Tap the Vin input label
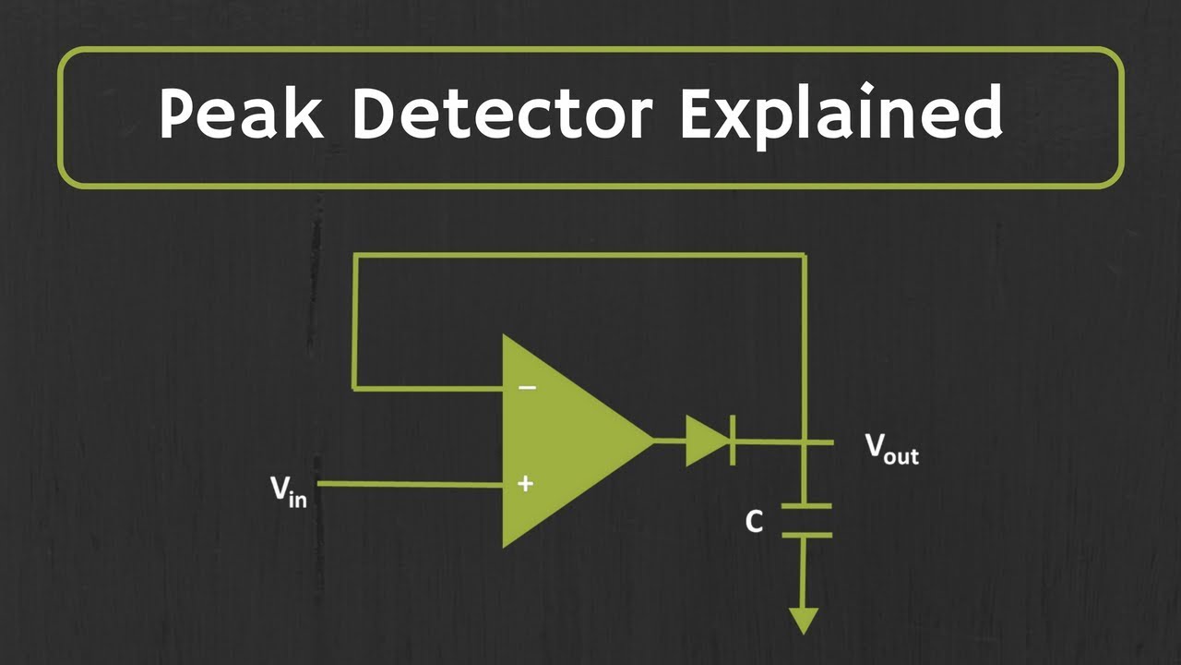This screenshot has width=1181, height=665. coord(289,490)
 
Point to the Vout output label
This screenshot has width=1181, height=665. coord(890,449)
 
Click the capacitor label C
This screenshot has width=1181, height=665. coord(754,523)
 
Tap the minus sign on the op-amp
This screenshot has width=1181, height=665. coord(526,387)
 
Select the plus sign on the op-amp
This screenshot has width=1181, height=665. coord(525,483)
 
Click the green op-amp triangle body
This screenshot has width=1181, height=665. coord(563,441)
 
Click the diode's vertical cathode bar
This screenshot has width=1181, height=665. coord(733,441)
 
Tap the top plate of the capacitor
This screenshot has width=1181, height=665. coord(805,505)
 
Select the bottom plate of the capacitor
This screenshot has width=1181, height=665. coord(805,534)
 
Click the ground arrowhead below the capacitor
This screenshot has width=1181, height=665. coord(805,620)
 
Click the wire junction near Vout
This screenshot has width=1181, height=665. coord(805,441)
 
